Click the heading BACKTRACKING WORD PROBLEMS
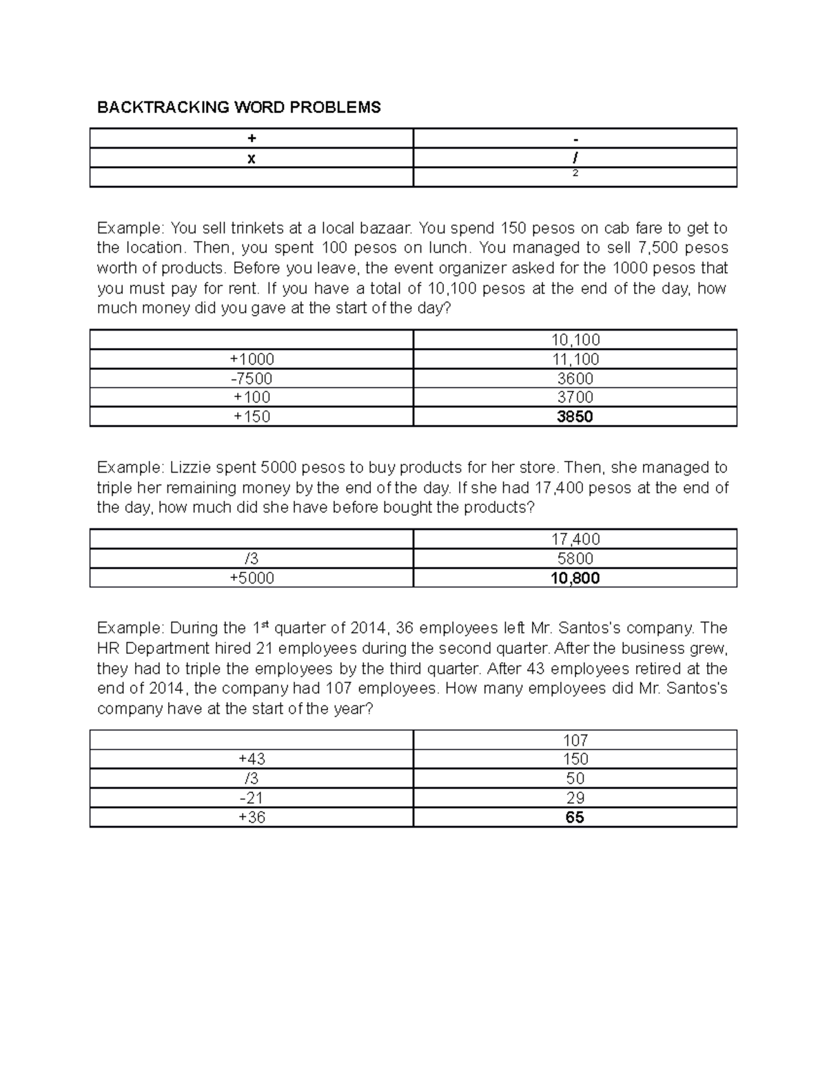(238, 107)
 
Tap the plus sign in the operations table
(252, 138)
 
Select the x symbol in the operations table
(252, 158)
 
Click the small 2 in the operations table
(575, 174)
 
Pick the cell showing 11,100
(575, 359)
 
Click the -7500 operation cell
(252, 378)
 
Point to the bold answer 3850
(575, 417)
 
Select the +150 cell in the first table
(252, 417)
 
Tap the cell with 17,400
(575, 539)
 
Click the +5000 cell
(252, 578)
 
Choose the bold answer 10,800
(575, 578)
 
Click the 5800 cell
(575, 559)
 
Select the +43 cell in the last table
(252, 759)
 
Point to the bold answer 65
(575, 818)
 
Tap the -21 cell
(252, 798)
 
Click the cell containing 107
(575, 741)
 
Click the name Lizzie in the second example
(190, 468)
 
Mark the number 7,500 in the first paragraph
(661, 248)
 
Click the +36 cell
(252, 818)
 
